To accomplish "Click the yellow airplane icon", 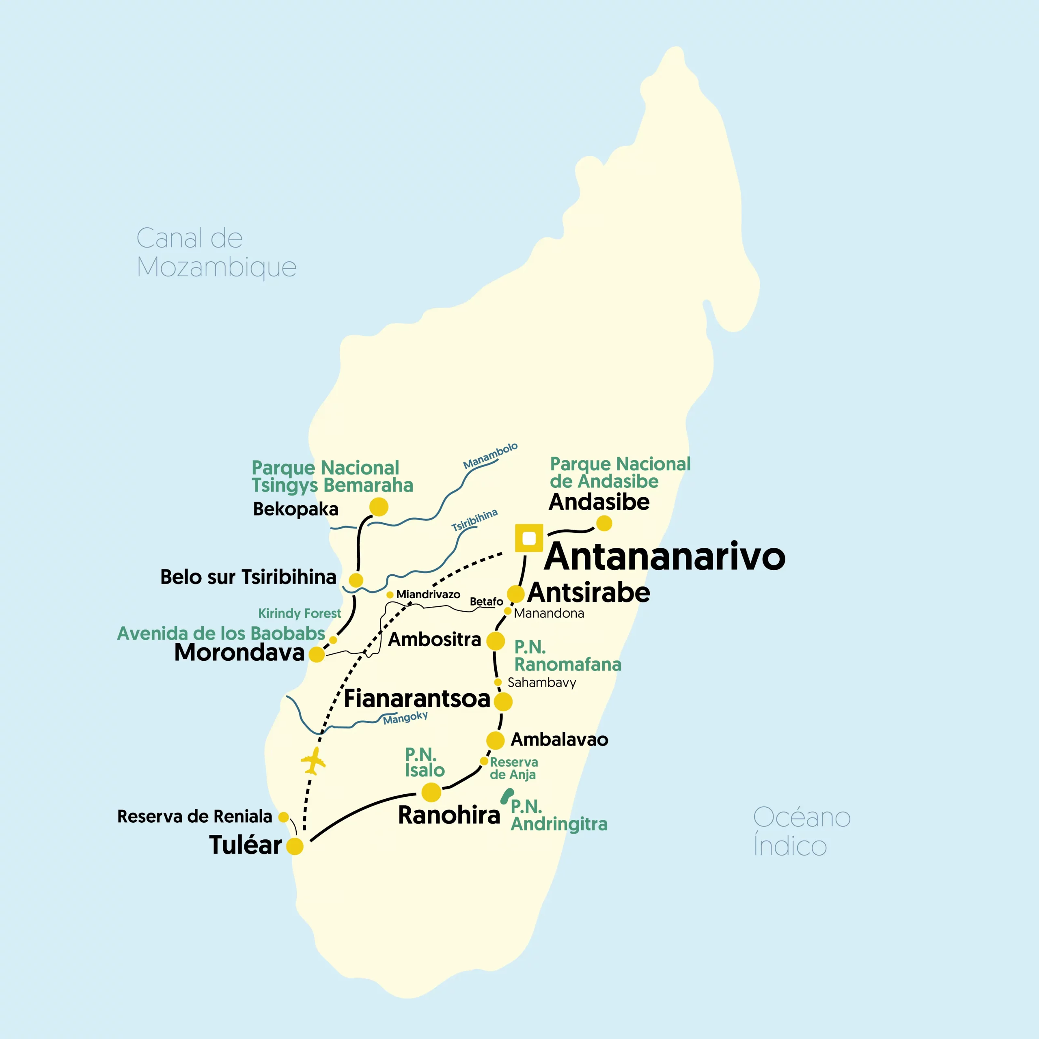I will click(x=313, y=761).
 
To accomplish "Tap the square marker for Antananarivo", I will click(x=529, y=538).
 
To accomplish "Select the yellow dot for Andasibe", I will click(x=604, y=523).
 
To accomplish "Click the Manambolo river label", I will click(x=490, y=455).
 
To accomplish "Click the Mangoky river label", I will click(x=405, y=718).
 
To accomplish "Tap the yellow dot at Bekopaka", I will click(x=379, y=507).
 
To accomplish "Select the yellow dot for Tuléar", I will click(x=295, y=846).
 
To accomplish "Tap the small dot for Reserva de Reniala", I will click(x=283, y=817).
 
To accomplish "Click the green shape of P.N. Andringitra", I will click(x=507, y=795).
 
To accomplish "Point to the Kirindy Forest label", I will click(x=299, y=613).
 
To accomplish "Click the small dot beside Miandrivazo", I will click(x=390, y=595).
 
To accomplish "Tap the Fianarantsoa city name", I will click(x=417, y=698).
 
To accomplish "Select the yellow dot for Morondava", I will click(x=316, y=655).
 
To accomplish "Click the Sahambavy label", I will click(x=541, y=682).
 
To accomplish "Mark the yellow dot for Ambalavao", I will click(x=495, y=740).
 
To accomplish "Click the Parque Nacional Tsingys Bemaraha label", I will click(x=332, y=476).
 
